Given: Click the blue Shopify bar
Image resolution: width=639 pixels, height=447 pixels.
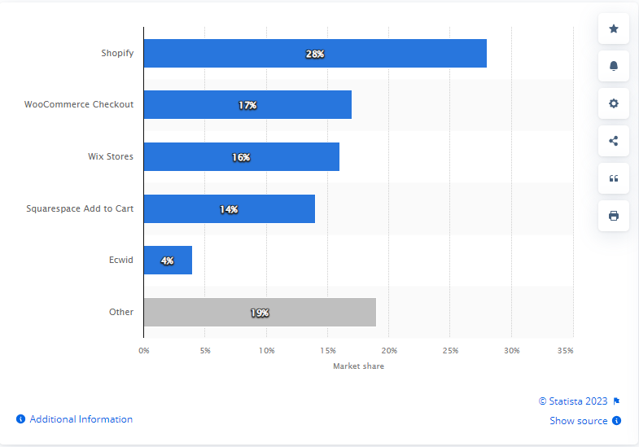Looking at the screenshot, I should coord(315,53).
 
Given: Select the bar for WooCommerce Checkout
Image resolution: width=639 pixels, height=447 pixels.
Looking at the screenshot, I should coord(247,105).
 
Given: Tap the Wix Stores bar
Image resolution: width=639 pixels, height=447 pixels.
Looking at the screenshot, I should coord(241,157).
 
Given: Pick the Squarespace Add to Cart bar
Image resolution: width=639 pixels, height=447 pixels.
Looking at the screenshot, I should coord(229,209).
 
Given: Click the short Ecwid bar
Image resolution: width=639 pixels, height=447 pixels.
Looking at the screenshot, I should coord(168,261).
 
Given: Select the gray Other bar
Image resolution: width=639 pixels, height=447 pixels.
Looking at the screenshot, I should coord(260,313).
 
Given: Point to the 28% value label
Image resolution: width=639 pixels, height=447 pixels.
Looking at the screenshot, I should coord(315,54).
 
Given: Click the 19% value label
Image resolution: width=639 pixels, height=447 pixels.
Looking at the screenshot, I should coord(260,313).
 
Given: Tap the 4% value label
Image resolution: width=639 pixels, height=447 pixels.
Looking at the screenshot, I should coord(167,261).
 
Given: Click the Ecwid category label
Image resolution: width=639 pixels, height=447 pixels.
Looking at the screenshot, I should coord(122,261).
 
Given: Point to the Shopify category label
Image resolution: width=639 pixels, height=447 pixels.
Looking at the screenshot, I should coord(117,54).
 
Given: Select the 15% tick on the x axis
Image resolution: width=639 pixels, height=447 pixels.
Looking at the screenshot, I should coord(327,350).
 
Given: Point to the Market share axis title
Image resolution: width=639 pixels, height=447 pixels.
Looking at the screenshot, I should coord(358,366).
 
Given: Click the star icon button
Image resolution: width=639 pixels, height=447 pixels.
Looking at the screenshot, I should coord(614,29).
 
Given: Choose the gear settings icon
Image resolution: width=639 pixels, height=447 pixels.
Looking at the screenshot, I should coord(614,103).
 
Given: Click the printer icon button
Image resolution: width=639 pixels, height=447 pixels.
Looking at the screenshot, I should coord(614,216).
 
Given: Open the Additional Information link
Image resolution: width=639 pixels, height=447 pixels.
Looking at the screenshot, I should coord(81,419).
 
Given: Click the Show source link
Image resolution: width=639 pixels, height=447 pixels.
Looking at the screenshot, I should coord(579,421).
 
